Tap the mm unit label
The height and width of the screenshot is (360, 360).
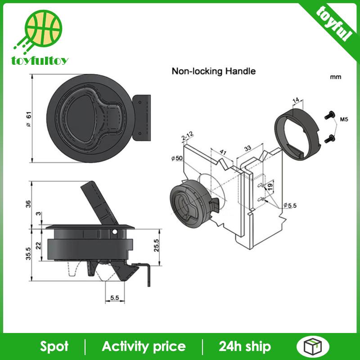335,77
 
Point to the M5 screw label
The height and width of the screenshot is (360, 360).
344,120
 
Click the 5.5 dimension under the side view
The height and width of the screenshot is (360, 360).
114,297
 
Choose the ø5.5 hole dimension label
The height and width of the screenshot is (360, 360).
290,205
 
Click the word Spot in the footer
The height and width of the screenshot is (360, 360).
54,346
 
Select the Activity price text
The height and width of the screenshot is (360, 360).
144,346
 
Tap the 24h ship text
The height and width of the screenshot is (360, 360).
245,346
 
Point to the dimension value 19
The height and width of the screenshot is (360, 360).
270,186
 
